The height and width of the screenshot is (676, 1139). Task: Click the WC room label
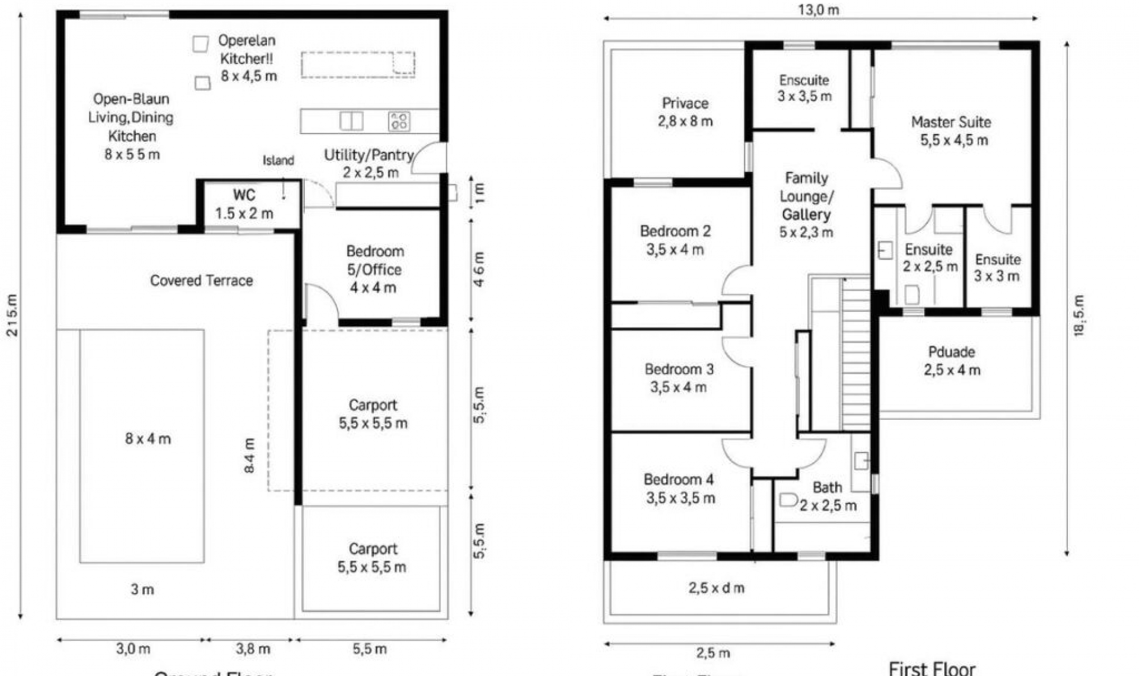point(244,196)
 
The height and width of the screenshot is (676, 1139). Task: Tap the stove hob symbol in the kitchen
point(399,122)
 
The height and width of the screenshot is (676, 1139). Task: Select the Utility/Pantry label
point(368,155)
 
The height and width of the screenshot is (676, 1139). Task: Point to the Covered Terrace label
point(201,280)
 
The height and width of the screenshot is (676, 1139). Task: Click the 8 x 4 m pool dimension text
point(148,439)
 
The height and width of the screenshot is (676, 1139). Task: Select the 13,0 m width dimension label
point(818,10)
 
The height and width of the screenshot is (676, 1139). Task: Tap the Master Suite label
point(950,123)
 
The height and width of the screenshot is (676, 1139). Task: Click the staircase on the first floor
point(856,356)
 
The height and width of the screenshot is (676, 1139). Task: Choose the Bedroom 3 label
point(679,369)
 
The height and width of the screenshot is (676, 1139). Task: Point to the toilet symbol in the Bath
point(787,500)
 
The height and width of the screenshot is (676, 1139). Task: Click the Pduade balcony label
point(952,352)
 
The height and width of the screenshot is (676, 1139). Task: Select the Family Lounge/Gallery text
point(806,196)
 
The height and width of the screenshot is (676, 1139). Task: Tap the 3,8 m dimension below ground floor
point(253,649)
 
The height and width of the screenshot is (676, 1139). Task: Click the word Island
point(278,161)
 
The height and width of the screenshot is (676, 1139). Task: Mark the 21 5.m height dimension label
point(12,315)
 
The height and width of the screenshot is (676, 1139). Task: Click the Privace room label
point(685,104)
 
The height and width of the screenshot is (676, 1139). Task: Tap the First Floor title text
point(931,668)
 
